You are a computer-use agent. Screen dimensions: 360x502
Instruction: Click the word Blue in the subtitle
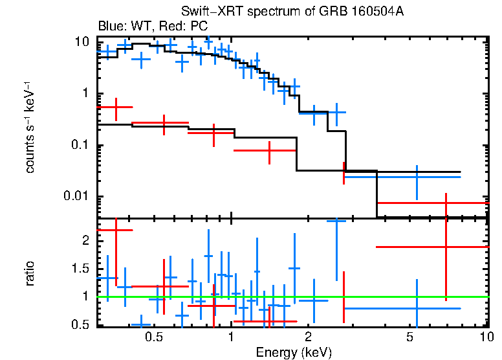[x=109, y=27]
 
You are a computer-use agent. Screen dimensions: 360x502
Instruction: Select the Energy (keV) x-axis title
[x=294, y=352]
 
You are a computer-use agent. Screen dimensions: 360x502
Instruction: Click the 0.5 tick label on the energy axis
[x=153, y=337]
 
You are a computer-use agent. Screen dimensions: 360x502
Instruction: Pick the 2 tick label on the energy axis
[x=309, y=337]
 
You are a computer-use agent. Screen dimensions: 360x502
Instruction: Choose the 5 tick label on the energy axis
[x=410, y=337]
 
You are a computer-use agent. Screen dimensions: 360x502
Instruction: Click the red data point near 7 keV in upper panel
[x=446, y=203]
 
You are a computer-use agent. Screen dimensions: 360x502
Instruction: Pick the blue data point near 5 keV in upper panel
[x=417, y=176]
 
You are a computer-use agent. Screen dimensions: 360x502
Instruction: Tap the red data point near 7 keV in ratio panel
[x=446, y=247]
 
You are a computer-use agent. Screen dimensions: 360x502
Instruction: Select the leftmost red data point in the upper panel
[x=116, y=107]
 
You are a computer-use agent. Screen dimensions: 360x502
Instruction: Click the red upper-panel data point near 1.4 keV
[x=269, y=150]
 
